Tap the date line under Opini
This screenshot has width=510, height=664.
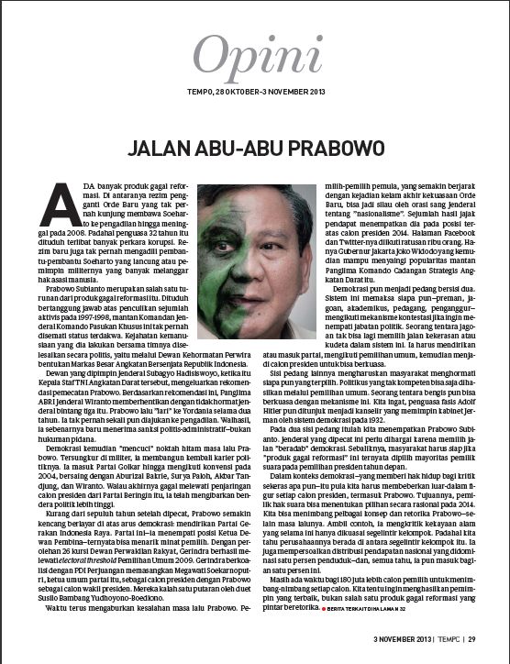click(254, 93)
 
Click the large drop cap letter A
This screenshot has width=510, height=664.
click(58, 201)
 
